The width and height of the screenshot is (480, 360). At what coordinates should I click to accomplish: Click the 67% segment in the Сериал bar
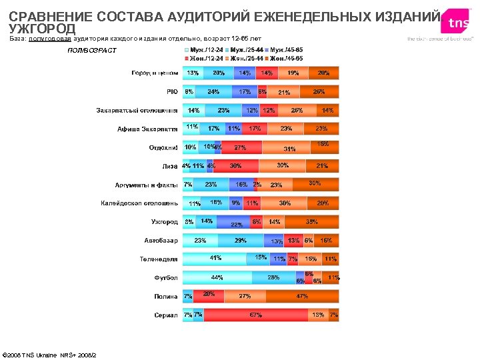click(255, 315)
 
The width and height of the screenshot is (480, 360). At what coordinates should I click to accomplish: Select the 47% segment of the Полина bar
click(302, 296)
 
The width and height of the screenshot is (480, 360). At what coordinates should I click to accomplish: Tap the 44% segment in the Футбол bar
click(217, 277)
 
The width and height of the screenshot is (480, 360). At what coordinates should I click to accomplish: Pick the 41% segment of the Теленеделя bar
click(215, 259)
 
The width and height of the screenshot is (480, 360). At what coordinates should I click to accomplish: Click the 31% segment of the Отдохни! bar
click(289, 147)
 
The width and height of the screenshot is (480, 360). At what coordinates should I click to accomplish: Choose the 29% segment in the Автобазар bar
click(240, 240)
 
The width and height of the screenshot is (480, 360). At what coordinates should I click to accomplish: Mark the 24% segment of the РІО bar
click(213, 91)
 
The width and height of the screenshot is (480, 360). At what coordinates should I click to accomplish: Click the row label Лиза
click(169, 166)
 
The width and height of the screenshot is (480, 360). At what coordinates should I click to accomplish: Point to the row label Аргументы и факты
click(146, 185)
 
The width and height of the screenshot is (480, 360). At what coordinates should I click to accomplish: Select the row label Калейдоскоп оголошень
click(139, 203)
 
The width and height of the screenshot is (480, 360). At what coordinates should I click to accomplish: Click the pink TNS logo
click(458, 22)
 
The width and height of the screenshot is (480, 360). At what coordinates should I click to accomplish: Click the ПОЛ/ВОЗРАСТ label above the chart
click(92, 51)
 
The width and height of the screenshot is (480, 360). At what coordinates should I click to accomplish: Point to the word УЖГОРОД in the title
click(42, 28)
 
